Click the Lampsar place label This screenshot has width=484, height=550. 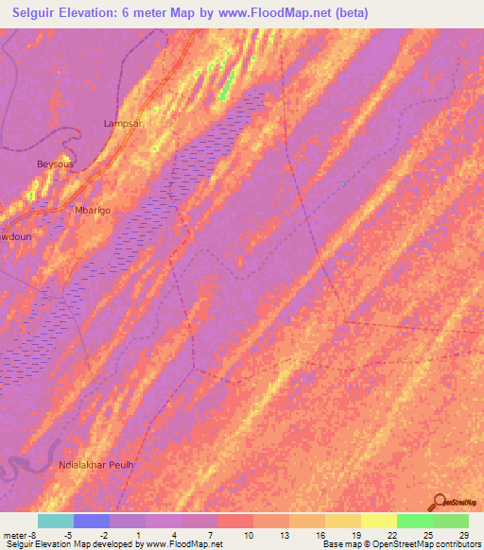pos(123,124)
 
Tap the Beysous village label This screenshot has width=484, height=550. pos(55,163)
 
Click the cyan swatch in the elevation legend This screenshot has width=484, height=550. pos(56,521)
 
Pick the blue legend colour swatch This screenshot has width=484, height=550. pos(92,521)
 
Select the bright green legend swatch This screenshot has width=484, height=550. pos(415,521)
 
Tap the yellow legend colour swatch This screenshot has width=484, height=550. pos(379,521)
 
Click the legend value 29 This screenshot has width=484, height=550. pos(464,534)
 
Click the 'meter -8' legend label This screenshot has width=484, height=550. pos(21,534)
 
